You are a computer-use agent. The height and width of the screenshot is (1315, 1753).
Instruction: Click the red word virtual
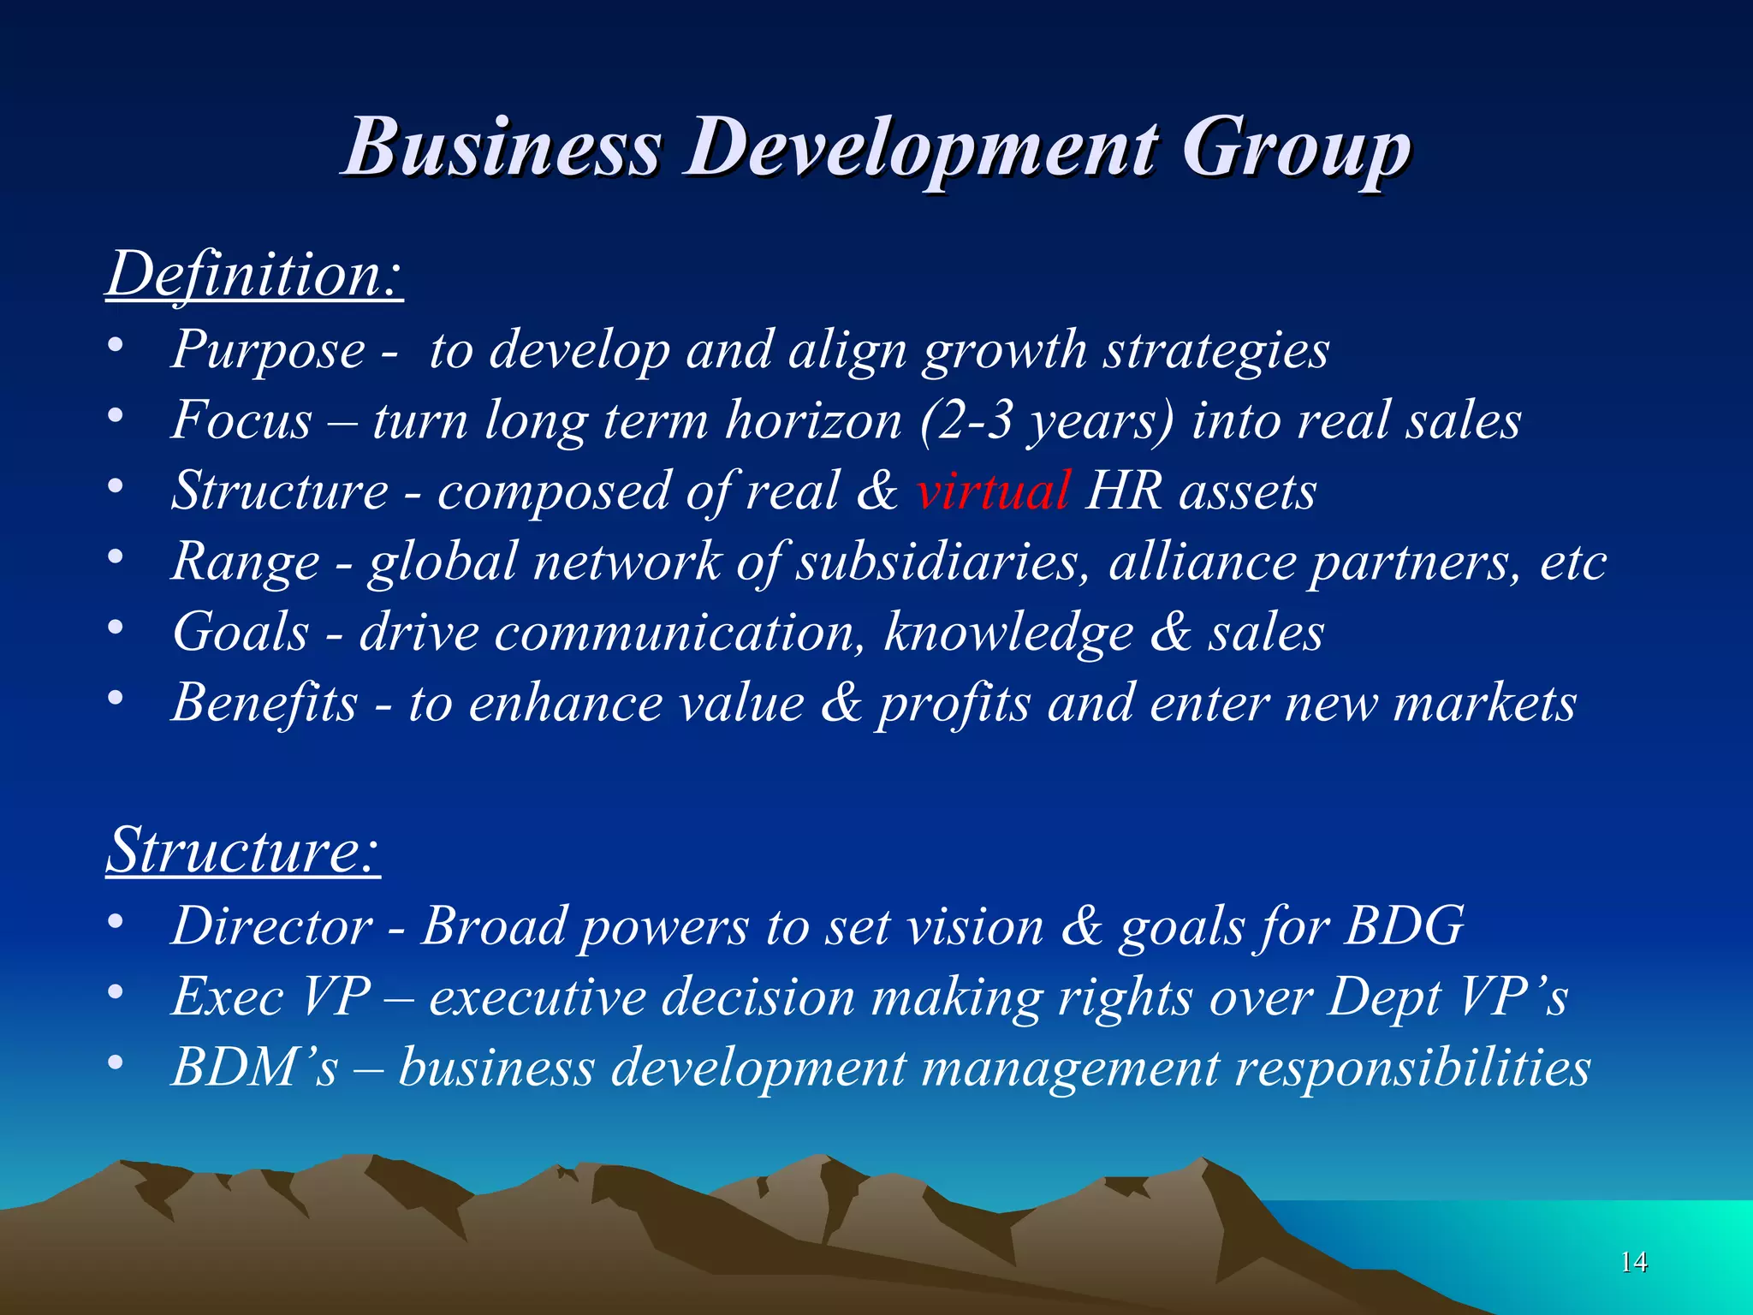pyautogui.click(x=992, y=491)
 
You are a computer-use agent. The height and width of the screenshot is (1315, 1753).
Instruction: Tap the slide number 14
pyautogui.click(x=1633, y=1261)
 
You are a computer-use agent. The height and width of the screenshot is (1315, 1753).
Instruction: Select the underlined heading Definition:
pyautogui.click(x=254, y=275)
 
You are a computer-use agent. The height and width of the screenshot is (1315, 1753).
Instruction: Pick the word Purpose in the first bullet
pyautogui.click(x=268, y=351)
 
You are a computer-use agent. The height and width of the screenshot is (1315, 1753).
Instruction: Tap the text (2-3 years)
pyautogui.click(x=1047, y=421)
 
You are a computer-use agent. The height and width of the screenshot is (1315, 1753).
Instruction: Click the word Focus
pyautogui.click(x=241, y=421)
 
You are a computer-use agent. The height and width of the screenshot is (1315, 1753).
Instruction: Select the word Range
pyautogui.click(x=246, y=562)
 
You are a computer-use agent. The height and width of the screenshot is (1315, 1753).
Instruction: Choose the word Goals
pyautogui.click(x=241, y=633)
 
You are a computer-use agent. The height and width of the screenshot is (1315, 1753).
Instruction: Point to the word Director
pyautogui.click(x=272, y=926)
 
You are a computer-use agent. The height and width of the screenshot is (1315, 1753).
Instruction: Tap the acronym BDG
pyautogui.click(x=1404, y=926)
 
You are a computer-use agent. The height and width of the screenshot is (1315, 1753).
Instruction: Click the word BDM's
pyautogui.click(x=255, y=1068)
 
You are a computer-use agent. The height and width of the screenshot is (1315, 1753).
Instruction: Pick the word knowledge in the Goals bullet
pyautogui.click(x=1008, y=633)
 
